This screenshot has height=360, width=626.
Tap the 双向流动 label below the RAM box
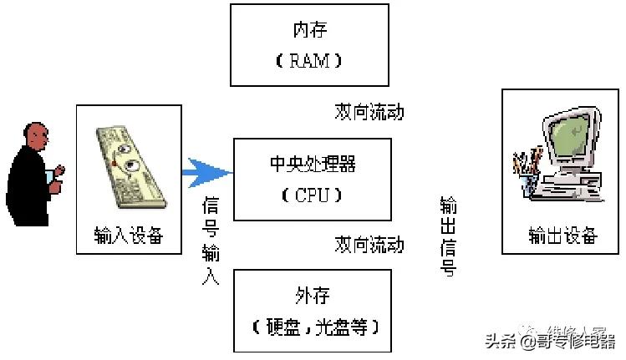[x=369, y=111]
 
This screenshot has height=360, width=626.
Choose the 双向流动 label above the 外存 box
[x=369, y=245]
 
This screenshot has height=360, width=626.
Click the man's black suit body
[x=29, y=188]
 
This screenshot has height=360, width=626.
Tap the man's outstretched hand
[x=58, y=173]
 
